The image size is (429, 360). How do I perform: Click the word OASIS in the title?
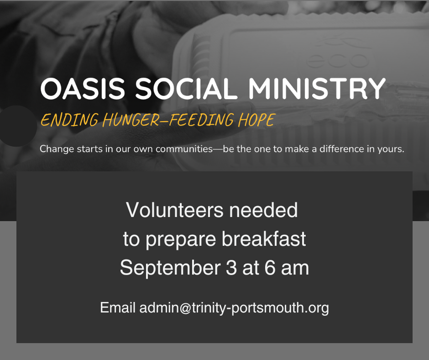[x=83, y=89]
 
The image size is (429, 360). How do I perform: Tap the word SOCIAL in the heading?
[x=186, y=89]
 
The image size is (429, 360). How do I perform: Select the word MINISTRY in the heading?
[x=317, y=89]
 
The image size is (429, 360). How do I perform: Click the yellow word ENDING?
[x=69, y=120]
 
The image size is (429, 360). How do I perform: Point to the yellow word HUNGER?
[x=131, y=120]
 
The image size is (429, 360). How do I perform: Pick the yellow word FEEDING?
[x=201, y=120]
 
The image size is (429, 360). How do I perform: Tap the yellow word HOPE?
[x=256, y=120]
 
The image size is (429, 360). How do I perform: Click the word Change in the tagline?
[x=57, y=149]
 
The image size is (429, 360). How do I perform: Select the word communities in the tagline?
[x=184, y=149]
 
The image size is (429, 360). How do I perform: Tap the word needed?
[x=263, y=210]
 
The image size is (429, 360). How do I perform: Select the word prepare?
[x=181, y=240]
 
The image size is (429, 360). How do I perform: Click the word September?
[x=170, y=268]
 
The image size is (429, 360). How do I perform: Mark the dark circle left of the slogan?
[x=18, y=126]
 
